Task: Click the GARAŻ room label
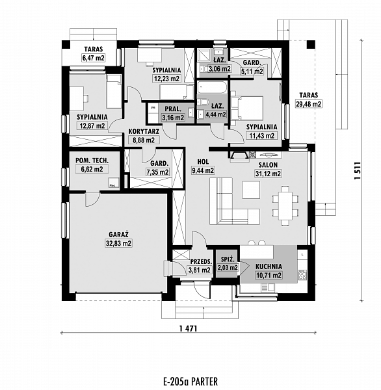119,234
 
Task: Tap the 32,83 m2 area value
119,243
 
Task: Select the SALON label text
268,164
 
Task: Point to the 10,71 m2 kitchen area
269,276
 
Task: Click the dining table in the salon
285,205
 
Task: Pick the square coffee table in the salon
251,190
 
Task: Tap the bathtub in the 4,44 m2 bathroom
212,87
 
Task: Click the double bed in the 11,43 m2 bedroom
247,108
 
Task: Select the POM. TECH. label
92,161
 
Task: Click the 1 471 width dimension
188,328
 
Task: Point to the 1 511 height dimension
358,170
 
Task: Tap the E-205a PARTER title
190,382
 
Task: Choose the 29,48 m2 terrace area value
309,104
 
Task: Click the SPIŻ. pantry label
228,259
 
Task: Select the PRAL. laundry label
173,109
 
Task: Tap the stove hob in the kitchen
302,275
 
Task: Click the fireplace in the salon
239,156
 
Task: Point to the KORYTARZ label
144,131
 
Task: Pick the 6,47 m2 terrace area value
94,58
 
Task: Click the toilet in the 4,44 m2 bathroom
204,102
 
